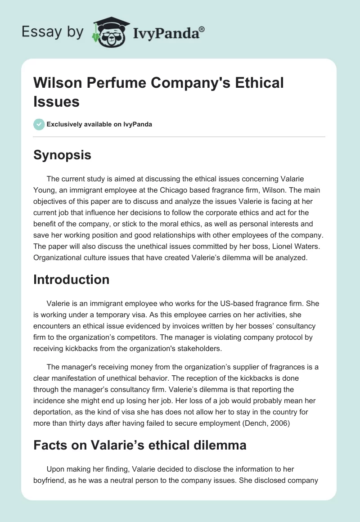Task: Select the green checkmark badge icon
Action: [39, 124]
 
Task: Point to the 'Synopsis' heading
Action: [62, 155]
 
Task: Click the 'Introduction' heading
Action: [72, 279]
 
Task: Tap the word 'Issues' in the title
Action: [57, 101]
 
